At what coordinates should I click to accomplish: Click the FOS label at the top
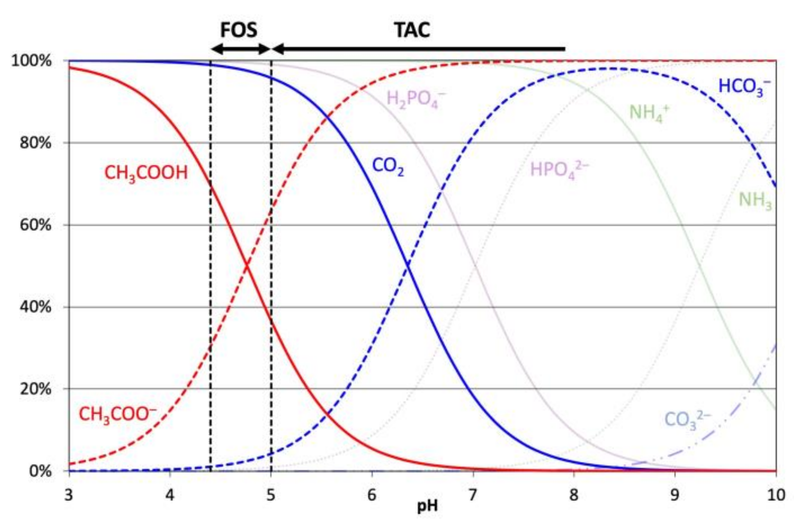tap(238, 30)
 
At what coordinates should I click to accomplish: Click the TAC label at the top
tap(412, 30)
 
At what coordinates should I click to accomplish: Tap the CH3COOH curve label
tap(146, 173)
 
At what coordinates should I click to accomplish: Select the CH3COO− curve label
tap(117, 415)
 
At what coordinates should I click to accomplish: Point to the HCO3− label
tap(744, 87)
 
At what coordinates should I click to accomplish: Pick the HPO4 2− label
tap(559, 170)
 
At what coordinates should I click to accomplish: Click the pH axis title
tap(427, 506)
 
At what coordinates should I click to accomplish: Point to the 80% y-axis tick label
tap(35, 143)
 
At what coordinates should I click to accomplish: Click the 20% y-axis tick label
tap(35, 389)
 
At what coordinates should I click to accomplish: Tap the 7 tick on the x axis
tap(473, 495)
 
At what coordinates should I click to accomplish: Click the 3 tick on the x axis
tap(69, 495)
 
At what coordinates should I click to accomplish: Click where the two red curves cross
tap(247, 266)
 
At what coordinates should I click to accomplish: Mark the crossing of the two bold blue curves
tap(408, 266)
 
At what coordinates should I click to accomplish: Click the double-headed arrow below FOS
tap(241, 49)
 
